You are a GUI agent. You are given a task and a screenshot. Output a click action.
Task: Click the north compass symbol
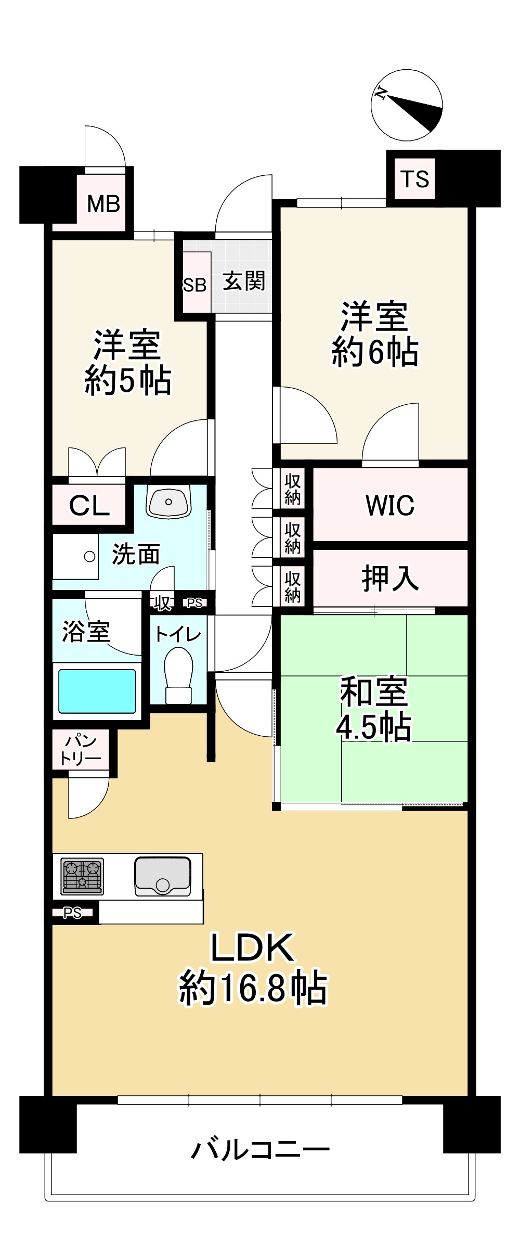pos(407,105)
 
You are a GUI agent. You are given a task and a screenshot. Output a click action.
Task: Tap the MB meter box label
pos(103,203)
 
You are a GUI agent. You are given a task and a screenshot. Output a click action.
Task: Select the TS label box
pos(414,179)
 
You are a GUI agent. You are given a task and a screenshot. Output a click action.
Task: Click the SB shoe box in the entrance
pos(195,285)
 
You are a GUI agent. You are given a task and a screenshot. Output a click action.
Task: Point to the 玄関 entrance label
pos(244,281)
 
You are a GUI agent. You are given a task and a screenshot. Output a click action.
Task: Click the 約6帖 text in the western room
pos(374,352)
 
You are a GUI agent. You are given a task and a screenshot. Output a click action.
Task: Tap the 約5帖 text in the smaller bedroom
pos(127,381)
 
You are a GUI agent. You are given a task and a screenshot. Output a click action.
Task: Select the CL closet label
pos(89,505)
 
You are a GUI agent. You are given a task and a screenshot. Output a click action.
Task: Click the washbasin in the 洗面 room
pos(168,502)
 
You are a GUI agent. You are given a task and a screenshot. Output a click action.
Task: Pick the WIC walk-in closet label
pos(390,505)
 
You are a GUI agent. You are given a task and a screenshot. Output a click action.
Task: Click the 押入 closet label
pos(390,578)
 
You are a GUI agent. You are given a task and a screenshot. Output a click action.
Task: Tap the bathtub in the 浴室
pos(97,690)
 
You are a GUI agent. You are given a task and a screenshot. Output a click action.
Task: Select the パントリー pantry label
pos(81,749)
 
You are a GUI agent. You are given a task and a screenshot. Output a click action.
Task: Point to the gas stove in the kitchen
pos(82,876)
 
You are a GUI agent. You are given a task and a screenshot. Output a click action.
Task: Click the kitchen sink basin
pos(163,876)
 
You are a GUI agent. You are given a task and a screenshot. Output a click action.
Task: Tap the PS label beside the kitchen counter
pos(73,913)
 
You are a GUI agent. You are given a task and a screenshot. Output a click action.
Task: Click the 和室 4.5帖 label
pos(374,709)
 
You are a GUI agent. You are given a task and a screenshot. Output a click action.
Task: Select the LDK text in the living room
pos(253,948)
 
